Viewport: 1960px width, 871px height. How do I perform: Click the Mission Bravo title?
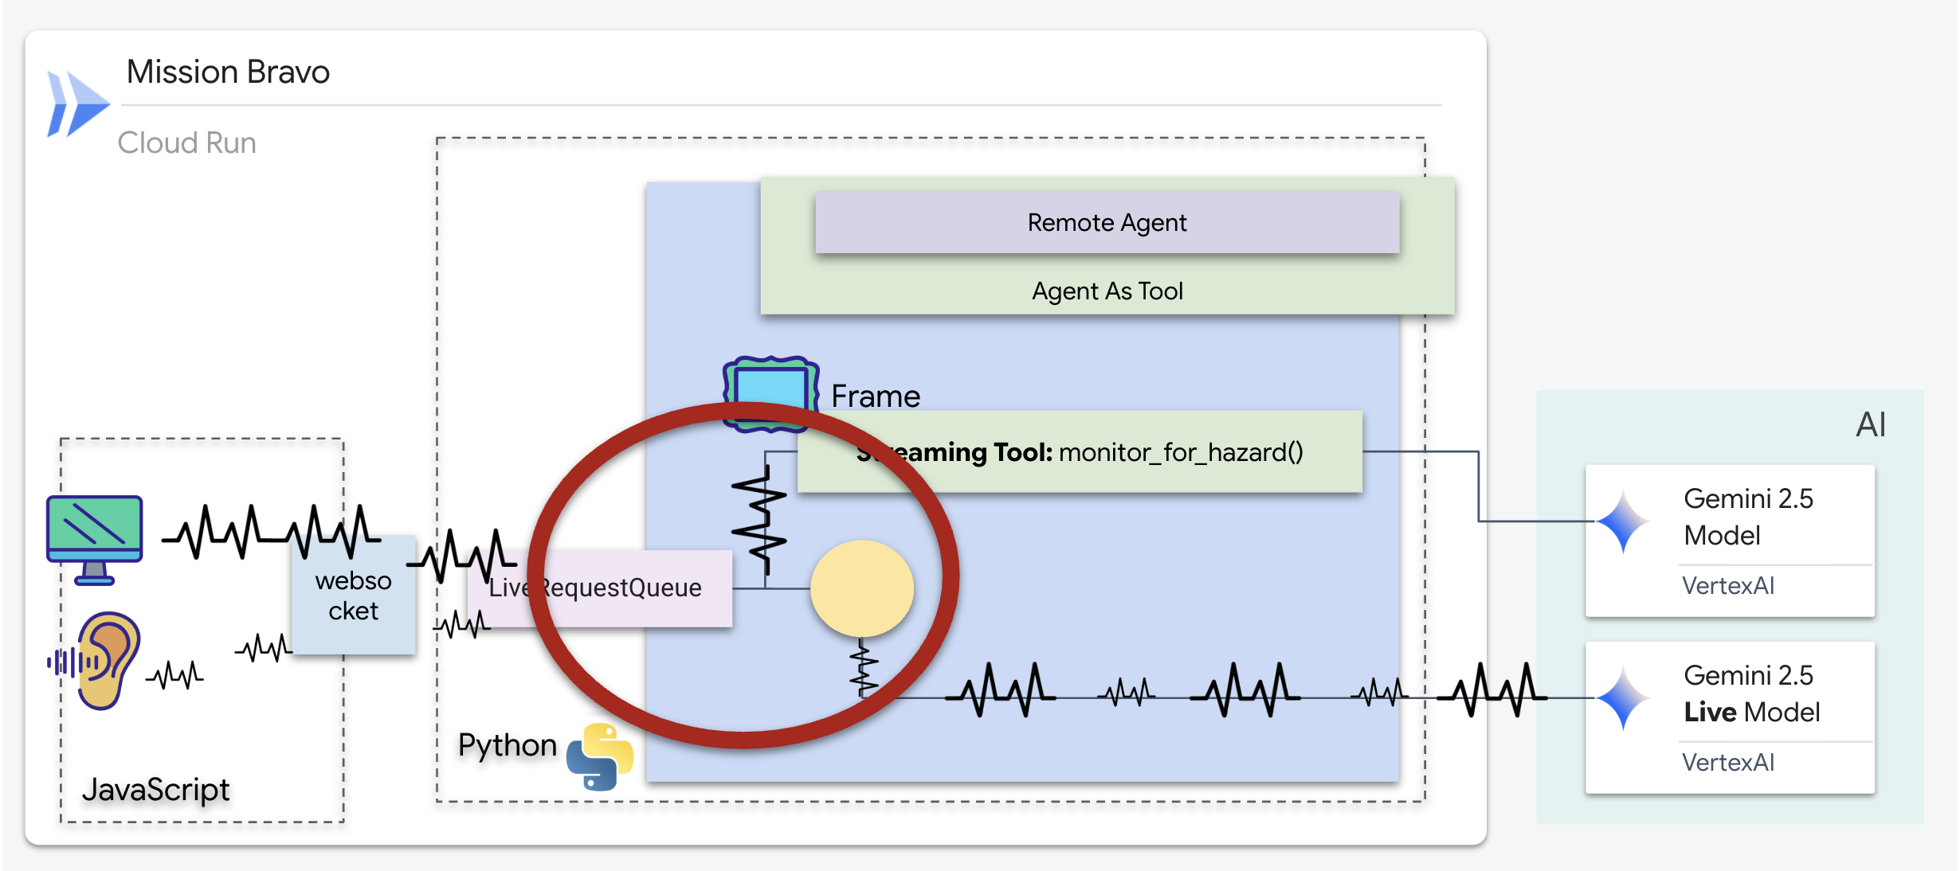point(228,72)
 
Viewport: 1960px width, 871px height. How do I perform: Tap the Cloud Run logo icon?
point(77,104)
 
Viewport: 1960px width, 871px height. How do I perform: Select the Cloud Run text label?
point(186,143)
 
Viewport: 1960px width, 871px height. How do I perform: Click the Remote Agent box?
point(1107,223)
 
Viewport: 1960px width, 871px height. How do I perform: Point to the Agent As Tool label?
point(1107,291)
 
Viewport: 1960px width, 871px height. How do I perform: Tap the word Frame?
point(875,396)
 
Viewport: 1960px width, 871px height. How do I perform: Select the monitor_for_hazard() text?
point(1181,452)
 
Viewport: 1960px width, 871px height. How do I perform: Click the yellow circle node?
point(862,588)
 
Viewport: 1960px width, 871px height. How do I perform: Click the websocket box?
point(353,596)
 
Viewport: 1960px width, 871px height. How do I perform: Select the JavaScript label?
point(155,789)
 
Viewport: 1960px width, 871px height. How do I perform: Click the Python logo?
point(599,756)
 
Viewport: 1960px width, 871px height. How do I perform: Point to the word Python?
point(507,745)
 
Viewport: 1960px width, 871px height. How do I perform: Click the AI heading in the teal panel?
point(1870,424)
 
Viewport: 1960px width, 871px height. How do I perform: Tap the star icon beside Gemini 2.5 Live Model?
point(1623,698)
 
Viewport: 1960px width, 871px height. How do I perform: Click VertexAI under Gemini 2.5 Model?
point(1727,586)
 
